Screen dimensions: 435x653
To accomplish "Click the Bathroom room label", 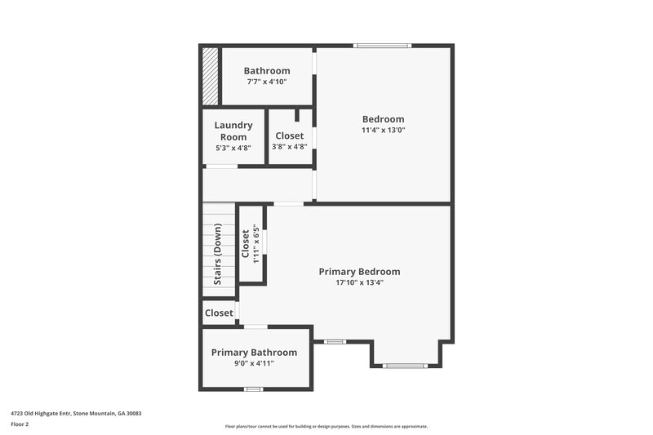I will click(x=266, y=71).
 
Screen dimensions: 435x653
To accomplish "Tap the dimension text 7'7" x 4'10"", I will click(x=266, y=82).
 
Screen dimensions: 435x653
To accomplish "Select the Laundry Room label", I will click(x=233, y=131).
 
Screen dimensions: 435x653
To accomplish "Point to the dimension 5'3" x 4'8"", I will click(x=233, y=148).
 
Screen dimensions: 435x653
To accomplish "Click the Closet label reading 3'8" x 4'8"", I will click(x=289, y=135).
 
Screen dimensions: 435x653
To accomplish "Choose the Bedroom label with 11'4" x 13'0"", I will click(x=383, y=119).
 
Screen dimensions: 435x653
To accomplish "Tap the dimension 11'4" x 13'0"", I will click(x=383, y=130).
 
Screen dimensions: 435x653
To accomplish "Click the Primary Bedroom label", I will click(x=359, y=272).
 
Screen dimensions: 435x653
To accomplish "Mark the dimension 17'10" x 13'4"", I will click(x=359, y=282).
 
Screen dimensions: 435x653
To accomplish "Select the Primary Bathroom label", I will click(x=254, y=353).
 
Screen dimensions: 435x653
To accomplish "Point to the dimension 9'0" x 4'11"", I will click(x=254, y=363).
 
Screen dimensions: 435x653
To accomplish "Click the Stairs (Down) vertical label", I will click(x=218, y=254).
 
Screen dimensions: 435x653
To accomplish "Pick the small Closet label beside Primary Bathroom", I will click(x=219, y=313).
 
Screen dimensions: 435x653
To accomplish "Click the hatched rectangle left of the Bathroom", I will click(x=210, y=76).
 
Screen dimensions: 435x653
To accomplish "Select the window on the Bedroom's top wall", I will click(x=382, y=46).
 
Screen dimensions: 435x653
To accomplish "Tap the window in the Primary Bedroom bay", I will click(x=406, y=366).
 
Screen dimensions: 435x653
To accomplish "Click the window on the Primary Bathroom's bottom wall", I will click(x=253, y=389).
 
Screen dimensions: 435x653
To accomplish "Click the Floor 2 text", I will click(x=20, y=424).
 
